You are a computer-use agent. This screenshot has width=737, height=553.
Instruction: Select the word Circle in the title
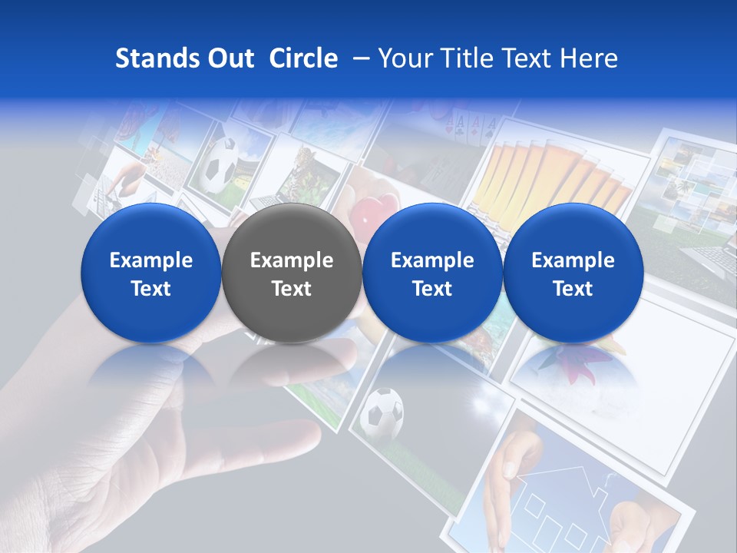pyautogui.click(x=303, y=58)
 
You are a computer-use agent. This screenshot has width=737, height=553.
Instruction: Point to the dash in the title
pyautogui.click(x=358, y=58)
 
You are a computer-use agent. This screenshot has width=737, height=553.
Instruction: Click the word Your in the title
pyautogui.click(x=401, y=58)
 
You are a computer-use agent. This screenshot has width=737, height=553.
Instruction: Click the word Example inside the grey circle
pyautogui.click(x=292, y=260)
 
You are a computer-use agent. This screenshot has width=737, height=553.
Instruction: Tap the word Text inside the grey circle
pyautogui.click(x=292, y=289)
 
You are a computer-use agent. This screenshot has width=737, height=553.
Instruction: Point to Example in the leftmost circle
pyautogui.click(x=151, y=260)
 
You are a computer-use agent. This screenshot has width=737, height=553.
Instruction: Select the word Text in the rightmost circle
pyautogui.click(x=573, y=289)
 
